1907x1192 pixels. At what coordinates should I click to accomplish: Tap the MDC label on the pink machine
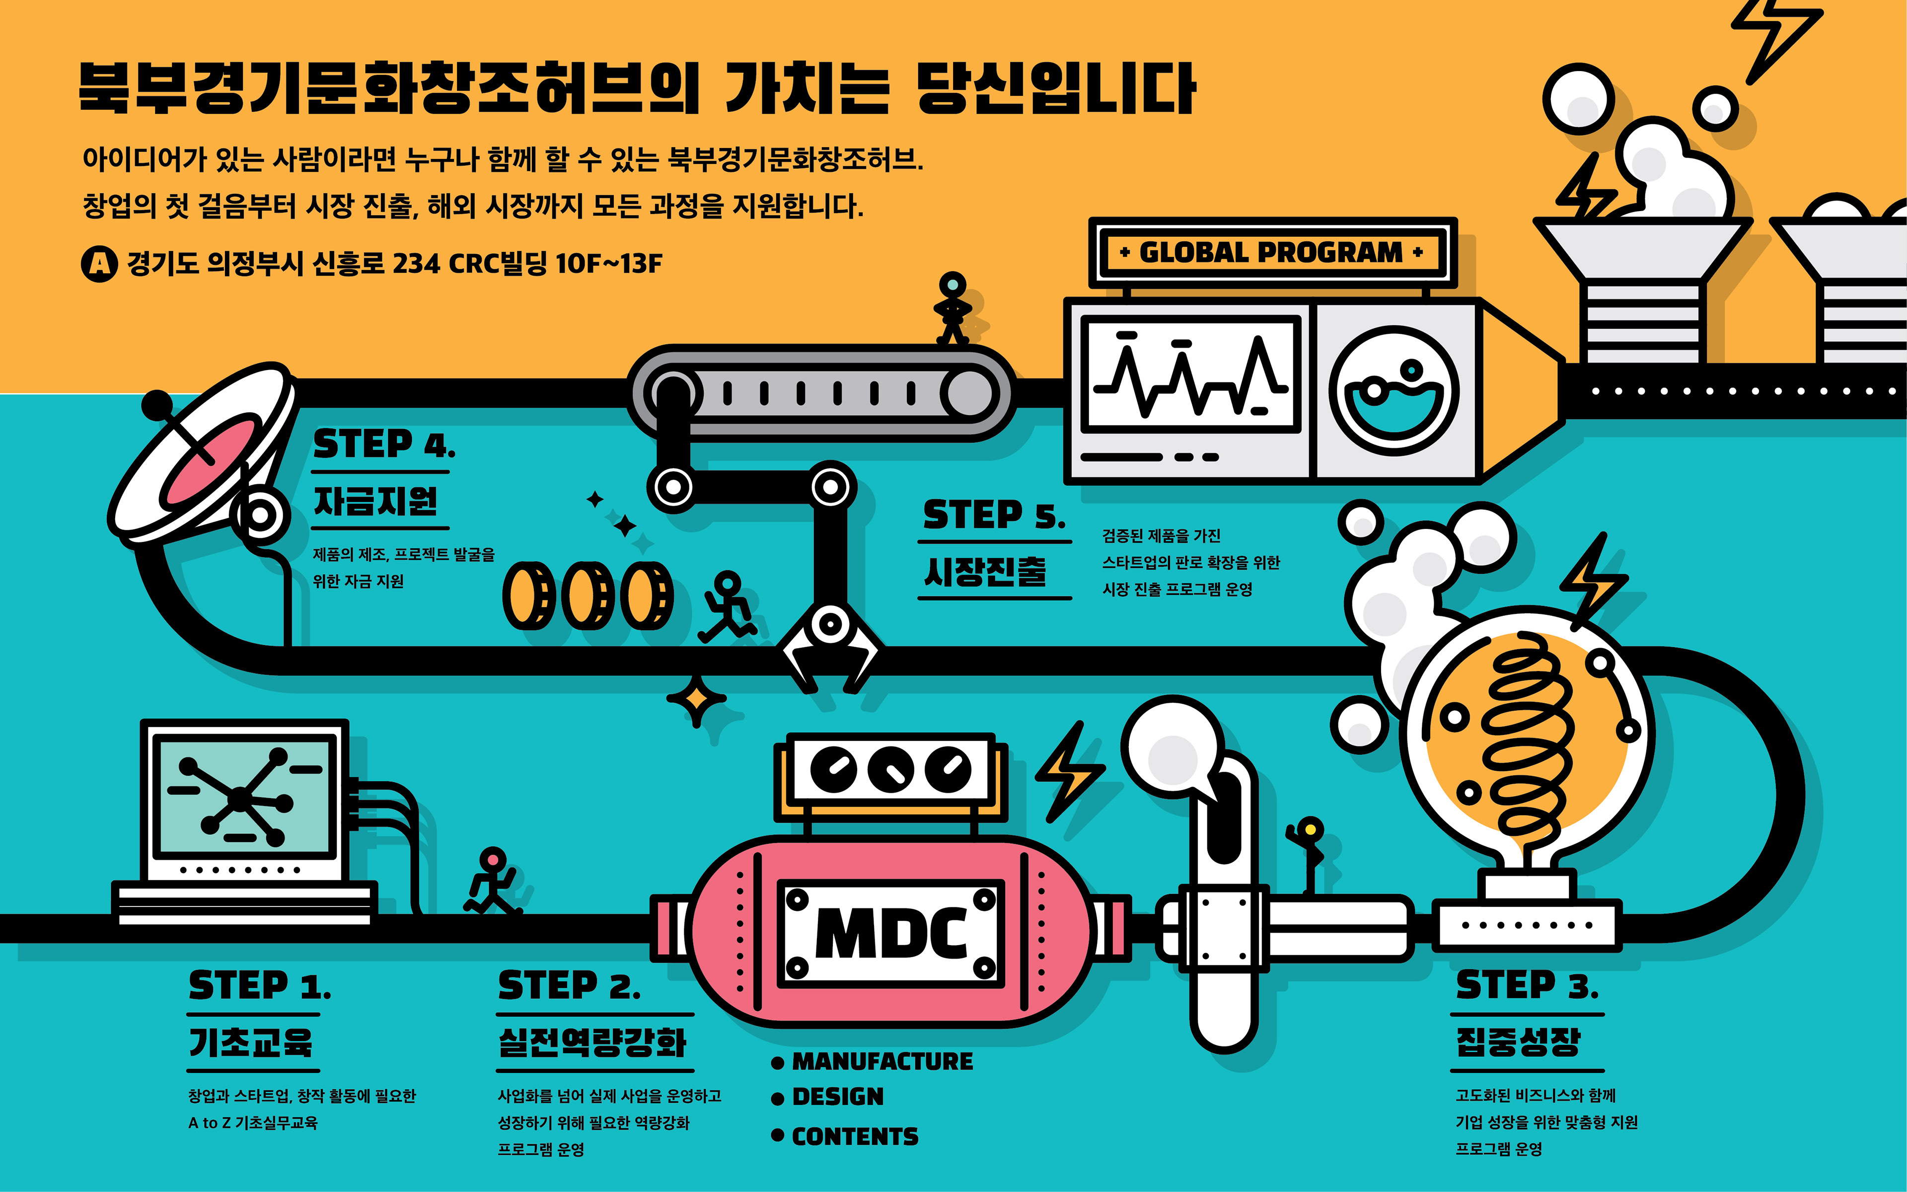pyautogui.click(x=890, y=933)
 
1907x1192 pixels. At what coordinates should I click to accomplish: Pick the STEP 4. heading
pyautogui.click(x=384, y=445)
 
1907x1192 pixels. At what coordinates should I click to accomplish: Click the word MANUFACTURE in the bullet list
pyautogui.click(x=882, y=1062)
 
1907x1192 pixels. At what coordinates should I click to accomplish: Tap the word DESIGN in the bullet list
pyautogui.click(x=838, y=1097)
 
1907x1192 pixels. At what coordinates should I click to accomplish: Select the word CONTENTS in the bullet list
pyautogui.click(x=855, y=1136)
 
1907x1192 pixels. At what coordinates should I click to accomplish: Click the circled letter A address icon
pyautogui.click(x=99, y=263)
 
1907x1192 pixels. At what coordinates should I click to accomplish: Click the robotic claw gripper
pyautogui.click(x=829, y=647)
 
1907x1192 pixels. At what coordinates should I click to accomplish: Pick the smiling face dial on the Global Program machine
pyautogui.click(x=1393, y=391)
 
